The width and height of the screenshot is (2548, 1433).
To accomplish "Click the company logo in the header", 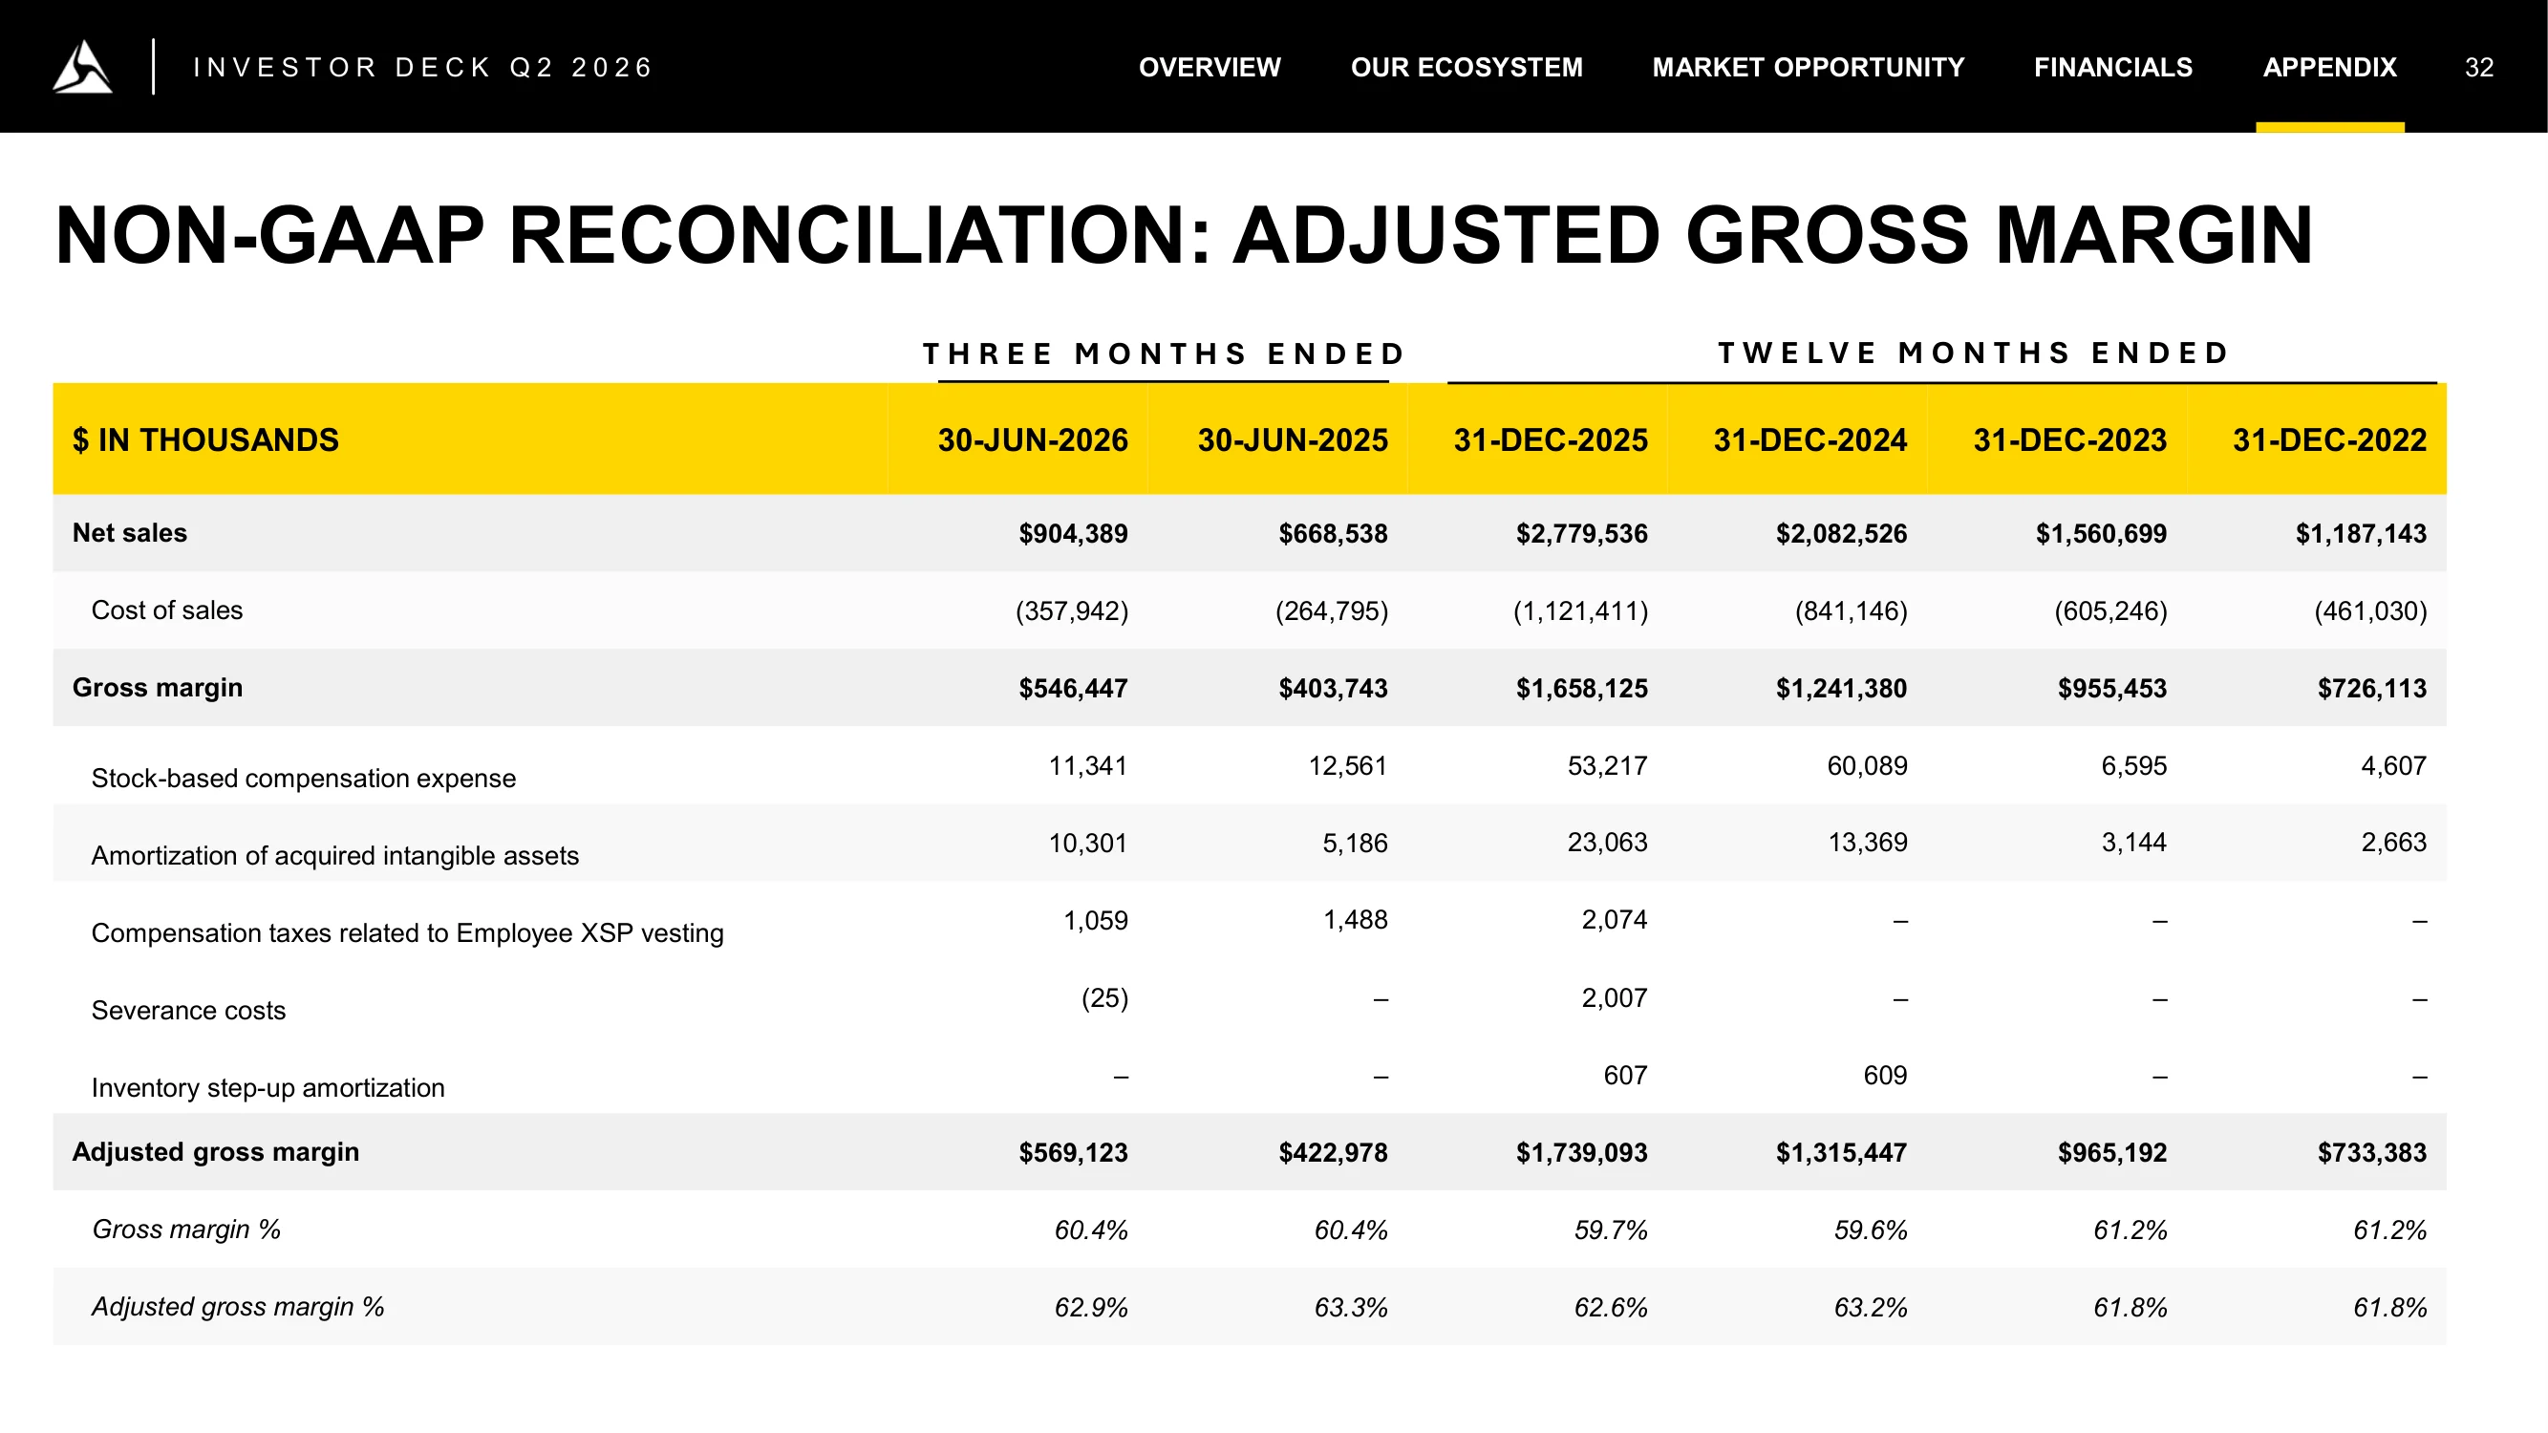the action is (82, 66).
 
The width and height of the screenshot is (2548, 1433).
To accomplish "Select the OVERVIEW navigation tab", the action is (1210, 67).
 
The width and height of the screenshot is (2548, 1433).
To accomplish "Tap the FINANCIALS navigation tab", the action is (2112, 67).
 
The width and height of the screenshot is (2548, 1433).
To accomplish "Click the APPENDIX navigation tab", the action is (2329, 67).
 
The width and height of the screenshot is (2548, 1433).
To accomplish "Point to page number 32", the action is (2479, 67).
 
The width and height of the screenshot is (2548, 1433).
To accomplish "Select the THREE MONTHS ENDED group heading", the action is (1165, 354).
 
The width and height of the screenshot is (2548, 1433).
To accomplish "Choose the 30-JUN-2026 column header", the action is (1033, 440).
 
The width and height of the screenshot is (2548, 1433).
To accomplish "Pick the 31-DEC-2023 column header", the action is (2069, 440).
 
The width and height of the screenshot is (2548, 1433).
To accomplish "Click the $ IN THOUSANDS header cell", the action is (205, 440).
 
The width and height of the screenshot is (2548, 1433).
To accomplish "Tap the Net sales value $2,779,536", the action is (1581, 534).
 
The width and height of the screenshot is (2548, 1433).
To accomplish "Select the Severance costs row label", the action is (189, 1011).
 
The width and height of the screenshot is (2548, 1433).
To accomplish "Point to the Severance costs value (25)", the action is (1103, 998).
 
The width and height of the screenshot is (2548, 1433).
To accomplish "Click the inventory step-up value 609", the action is (1884, 1075).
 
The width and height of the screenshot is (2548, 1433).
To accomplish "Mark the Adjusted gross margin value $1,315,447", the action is (1841, 1153).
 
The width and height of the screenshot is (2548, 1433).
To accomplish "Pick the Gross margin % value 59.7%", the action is (1611, 1230).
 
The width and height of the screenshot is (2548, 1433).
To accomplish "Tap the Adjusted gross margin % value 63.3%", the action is (1350, 1308).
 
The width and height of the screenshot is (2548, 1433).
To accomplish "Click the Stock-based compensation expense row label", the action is (304, 779).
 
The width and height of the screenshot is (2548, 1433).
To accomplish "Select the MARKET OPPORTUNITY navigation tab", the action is (1809, 67).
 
